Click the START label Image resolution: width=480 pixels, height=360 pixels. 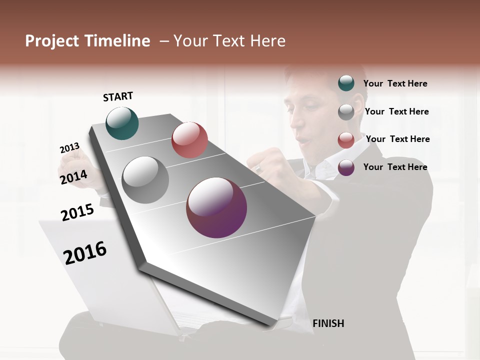[x=118, y=96]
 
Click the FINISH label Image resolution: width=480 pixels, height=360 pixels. [x=328, y=323]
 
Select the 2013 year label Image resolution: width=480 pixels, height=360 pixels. [x=69, y=148]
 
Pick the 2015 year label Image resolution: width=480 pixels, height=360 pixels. [x=77, y=212]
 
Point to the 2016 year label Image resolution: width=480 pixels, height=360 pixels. [x=85, y=252]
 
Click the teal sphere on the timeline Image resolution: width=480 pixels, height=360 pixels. [x=122, y=123]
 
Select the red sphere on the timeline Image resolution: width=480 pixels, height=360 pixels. [x=189, y=139]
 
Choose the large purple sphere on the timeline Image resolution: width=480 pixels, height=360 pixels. [x=216, y=207]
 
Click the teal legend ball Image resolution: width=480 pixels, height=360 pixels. [x=346, y=83]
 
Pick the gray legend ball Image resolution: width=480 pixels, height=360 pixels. [x=346, y=112]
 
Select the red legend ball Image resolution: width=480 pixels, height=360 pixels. [x=346, y=140]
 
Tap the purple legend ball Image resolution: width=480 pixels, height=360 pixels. [x=346, y=167]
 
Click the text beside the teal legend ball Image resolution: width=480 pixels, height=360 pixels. [x=395, y=83]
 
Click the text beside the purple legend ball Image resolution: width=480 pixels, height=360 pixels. [x=395, y=167]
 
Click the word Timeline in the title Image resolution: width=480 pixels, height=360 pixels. [x=118, y=41]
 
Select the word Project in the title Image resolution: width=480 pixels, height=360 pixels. [x=52, y=41]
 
